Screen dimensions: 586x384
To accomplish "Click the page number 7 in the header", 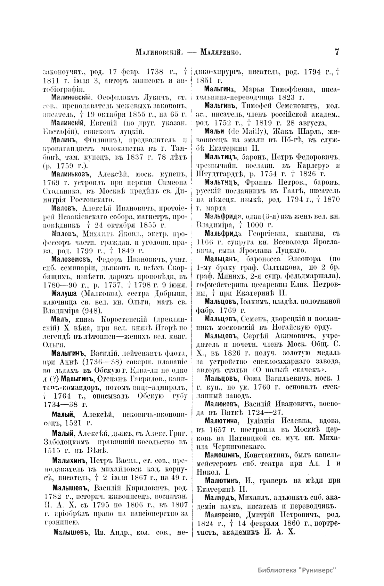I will pos(337,52).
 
